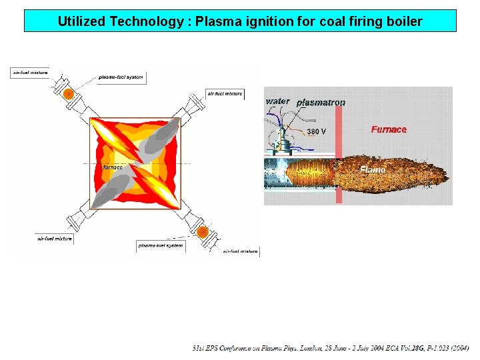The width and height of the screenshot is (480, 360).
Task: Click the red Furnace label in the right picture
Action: [389, 129]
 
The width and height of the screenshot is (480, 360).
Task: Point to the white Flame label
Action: [373, 169]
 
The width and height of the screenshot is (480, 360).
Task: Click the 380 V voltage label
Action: [317, 131]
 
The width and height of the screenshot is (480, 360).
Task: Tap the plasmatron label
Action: [321, 102]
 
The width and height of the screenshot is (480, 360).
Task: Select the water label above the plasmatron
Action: [278, 101]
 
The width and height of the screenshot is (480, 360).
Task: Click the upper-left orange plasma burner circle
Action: [68, 94]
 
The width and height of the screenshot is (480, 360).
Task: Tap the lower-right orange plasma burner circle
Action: [203, 232]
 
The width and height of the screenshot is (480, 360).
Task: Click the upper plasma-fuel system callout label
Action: [121, 77]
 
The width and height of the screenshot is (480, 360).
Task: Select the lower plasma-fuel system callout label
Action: [161, 245]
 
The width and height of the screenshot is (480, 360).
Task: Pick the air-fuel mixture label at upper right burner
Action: [225, 94]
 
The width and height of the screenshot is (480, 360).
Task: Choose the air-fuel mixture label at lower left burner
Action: [55, 238]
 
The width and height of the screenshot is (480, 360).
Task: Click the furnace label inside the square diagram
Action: [113, 167]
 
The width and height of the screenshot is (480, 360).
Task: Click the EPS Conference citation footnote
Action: [331, 348]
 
